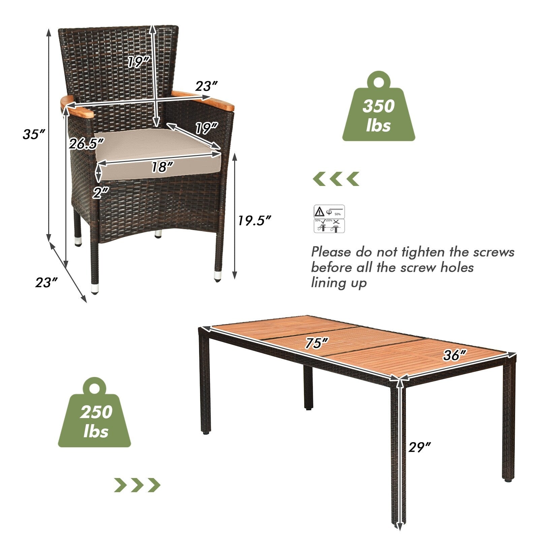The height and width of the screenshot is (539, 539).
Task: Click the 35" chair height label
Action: point(34,134)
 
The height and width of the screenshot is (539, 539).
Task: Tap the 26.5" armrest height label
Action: point(86,144)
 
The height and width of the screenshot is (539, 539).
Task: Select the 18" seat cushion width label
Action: point(162,167)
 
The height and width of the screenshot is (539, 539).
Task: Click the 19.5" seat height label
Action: point(254,220)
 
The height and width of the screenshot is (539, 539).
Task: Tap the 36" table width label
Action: point(454,355)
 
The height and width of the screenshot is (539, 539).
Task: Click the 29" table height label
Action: point(419,447)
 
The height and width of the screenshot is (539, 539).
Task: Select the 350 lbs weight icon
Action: point(379,108)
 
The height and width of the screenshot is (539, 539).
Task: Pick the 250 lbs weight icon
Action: point(95,414)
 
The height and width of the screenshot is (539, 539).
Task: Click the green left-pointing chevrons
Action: point(336,179)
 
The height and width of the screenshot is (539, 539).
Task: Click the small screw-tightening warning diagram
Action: point(329,219)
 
